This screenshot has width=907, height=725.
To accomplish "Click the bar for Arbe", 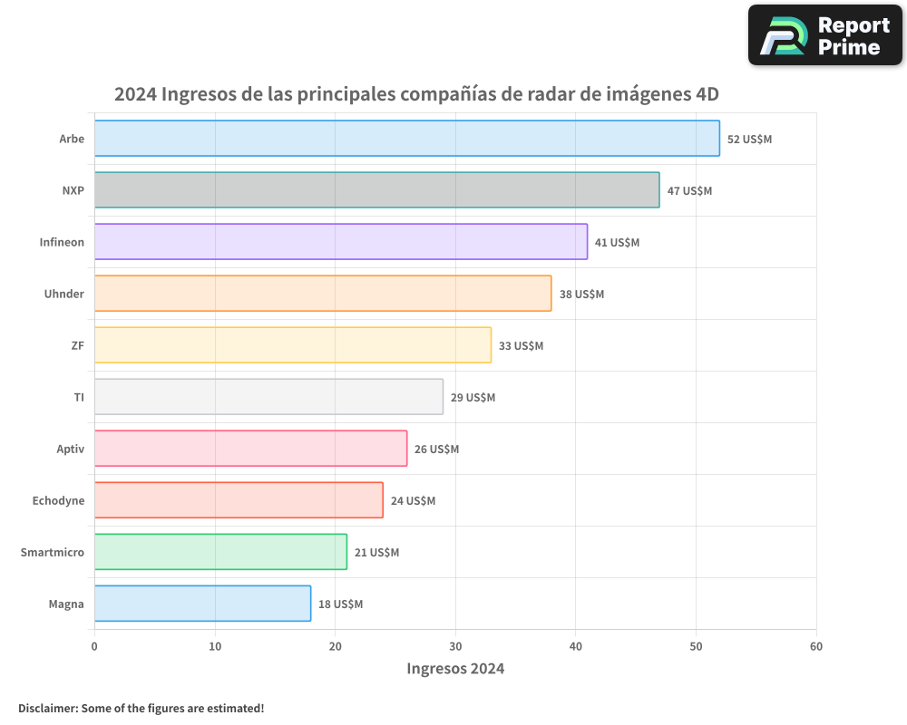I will pos(406,139).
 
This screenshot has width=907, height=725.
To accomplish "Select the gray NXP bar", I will pos(376,190).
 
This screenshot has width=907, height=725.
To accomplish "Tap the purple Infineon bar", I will pos(340,242).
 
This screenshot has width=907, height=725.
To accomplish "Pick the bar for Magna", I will pos(202,604).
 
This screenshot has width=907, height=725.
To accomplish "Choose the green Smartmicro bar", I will pos(220,552).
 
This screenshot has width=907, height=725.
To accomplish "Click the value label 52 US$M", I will pos(749,140).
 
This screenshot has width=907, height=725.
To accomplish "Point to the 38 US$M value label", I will pos(581,295).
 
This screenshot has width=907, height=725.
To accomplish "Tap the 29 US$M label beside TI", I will pos(473,398).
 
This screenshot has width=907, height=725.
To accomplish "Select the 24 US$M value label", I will pos(413,501).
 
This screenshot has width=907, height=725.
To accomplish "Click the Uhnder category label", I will pos(64,294).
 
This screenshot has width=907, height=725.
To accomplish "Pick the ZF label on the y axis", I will pos(77,345).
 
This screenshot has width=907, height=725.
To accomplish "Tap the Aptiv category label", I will pos(70,449).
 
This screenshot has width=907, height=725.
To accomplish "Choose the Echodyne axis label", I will pos(58,500).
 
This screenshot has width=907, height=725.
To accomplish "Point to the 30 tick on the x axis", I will pos(455,646).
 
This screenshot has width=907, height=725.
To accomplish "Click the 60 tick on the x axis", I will pos(816,646).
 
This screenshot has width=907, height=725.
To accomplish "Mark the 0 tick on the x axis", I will pos(94,646).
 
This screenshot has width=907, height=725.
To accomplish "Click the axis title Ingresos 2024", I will pos(455,669).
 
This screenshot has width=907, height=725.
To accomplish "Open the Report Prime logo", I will pos(824,35).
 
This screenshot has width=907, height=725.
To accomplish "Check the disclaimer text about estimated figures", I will pos(141,708).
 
